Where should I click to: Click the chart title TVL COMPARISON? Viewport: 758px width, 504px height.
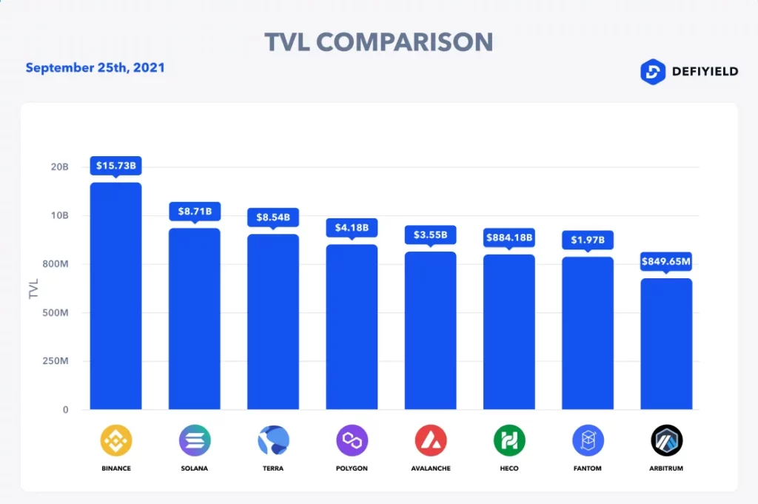point(378,42)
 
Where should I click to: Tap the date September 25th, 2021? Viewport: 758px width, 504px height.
point(95,68)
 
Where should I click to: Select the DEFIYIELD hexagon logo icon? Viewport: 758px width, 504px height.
point(652,72)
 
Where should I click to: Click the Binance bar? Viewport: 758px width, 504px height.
point(115,296)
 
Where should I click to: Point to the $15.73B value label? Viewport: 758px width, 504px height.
point(115,166)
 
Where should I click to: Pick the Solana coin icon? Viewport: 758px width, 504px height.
point(195,441)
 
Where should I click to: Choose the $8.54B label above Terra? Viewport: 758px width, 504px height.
point(272,218)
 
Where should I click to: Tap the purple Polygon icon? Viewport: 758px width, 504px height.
point(352,441)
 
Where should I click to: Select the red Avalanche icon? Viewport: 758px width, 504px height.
point(431,441)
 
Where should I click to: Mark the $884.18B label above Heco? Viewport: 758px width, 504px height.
point(509,238)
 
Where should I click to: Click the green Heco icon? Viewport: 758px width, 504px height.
point(509,441)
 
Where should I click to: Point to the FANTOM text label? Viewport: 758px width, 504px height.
point(588,468)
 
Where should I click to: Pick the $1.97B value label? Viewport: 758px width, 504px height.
point(588,240)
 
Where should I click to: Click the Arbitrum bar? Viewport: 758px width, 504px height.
point(666,344)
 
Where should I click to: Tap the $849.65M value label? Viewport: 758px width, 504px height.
point(666,261)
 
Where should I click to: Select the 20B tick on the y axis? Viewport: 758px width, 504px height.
point(59,167)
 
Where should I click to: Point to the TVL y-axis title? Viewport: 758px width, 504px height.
point(33,288)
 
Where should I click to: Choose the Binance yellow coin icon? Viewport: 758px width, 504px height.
point(116,441)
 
